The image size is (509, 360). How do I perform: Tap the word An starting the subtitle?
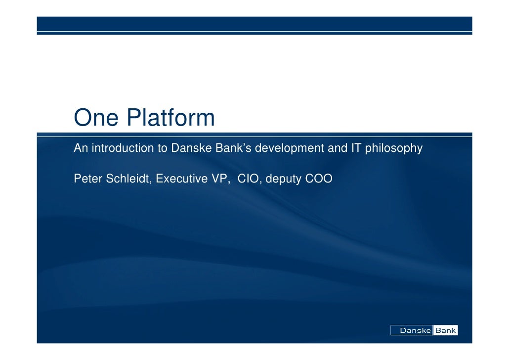pos(80,148)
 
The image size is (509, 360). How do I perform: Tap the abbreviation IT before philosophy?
pos(356,148)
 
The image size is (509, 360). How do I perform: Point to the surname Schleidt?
pos(128,179)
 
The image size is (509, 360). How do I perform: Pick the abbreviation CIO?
pos(250,179)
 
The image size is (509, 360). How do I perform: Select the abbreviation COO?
pos(319,179)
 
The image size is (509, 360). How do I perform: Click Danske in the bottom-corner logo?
pos(415,331)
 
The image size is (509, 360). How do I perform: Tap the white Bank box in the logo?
pos(446,331)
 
